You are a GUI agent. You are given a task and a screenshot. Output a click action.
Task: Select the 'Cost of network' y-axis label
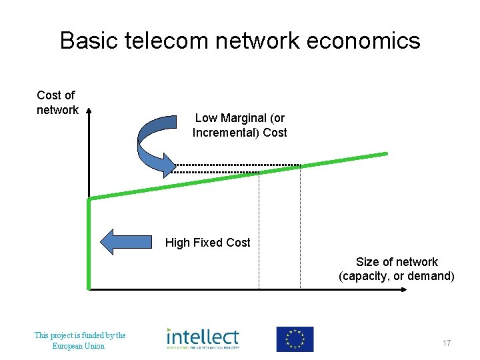click(57, 103)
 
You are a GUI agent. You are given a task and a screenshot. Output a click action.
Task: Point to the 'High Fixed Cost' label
click(207, 243)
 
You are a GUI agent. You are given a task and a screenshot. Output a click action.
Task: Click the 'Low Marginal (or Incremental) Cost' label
click(239, 125)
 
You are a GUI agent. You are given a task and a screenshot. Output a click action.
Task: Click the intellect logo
click(203, 339)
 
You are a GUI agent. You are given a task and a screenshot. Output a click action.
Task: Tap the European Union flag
click(295, 339)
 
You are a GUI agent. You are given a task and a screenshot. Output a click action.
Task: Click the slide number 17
click(447, 343)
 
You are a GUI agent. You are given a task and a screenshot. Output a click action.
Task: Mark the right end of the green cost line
click(385, 154)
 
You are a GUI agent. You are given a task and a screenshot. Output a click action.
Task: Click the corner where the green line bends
click(89, 199)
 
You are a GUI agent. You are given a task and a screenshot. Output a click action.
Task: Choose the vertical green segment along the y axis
click(89, 243)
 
